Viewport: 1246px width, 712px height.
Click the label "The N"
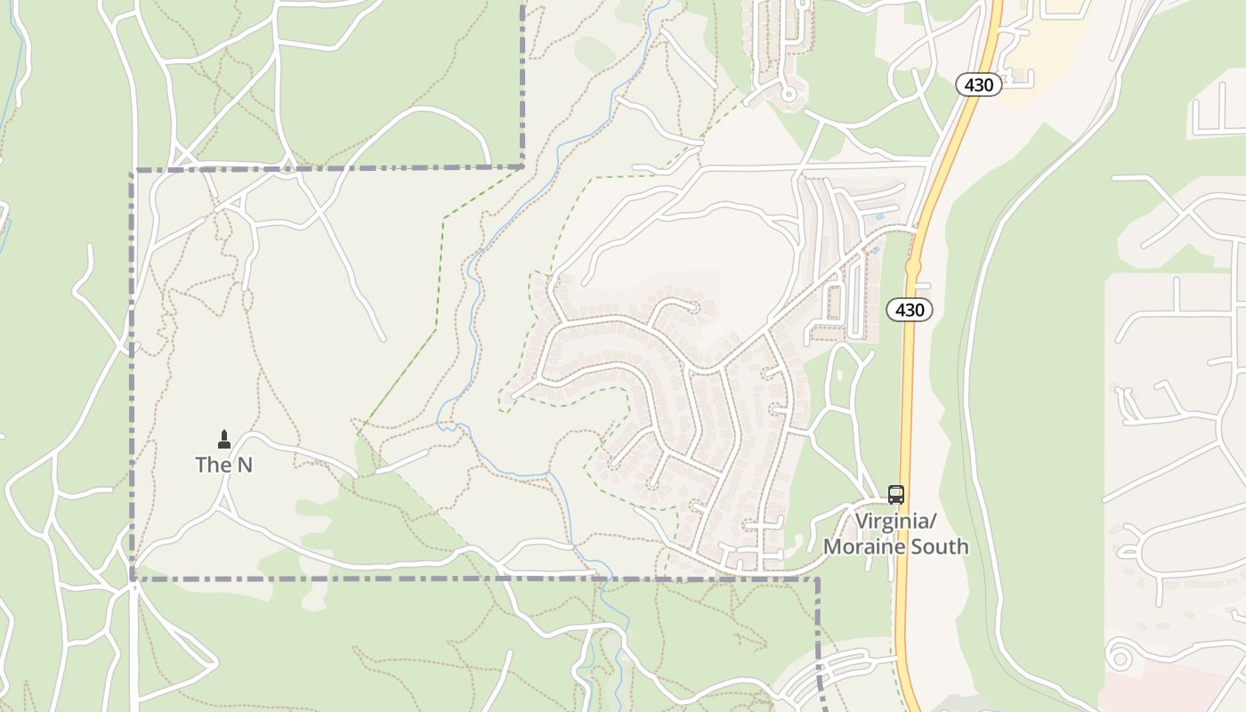pyautogui.click(x=223, y=465)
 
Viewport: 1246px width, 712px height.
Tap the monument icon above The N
pyautogui.click(x=223, y=439)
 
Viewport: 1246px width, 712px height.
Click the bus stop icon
pyautogui.click(x=896, y=495)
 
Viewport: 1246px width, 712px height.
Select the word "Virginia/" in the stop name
pyautogui.click(x=890, y=521)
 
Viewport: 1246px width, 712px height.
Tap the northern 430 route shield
pyautogui.click(x=979, y=85)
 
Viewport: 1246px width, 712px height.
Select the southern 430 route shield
pyautogui.click(x=910, y=310)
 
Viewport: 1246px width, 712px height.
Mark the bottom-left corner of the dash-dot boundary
pyautogui.click(x=133, y=579)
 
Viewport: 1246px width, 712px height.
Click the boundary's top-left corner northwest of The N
pyautogui.click(x=133, y=170)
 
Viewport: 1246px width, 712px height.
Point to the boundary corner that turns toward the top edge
pyautogui.click(x=522, y=166)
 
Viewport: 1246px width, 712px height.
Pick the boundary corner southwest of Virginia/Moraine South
pyautogui.click(x=818, y=579)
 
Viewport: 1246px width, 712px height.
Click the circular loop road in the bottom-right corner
pyautogui.click(x=1118, y=658)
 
